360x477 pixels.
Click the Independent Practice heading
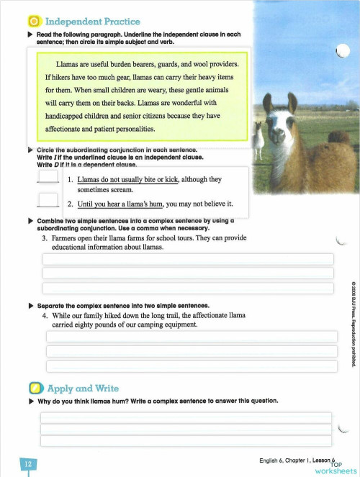tap(93, 22)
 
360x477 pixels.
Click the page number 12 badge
tap(28, 464)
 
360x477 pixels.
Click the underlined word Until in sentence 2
tap(88, 204)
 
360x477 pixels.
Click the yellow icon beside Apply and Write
tap(33, 389)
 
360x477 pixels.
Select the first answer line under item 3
tap(189, 259)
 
